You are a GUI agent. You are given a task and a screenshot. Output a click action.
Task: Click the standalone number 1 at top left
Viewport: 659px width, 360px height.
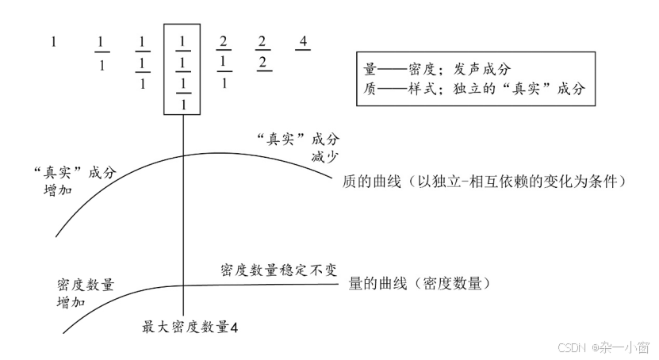pos(54,42)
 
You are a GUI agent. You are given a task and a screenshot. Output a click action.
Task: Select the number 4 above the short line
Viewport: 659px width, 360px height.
pos(302,40)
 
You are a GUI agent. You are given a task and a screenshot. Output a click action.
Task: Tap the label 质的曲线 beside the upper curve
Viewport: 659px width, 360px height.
pos(486,182)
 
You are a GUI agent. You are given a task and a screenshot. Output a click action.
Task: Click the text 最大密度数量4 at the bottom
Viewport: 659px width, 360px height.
pos(190,326)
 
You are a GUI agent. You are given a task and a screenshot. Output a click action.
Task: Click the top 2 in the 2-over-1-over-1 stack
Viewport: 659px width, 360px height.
pos(224,41)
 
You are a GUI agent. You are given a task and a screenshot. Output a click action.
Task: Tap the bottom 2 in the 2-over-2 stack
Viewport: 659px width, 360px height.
pos(262,62)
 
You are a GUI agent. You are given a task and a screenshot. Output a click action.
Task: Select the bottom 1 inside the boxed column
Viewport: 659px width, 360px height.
pos(183,103)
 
